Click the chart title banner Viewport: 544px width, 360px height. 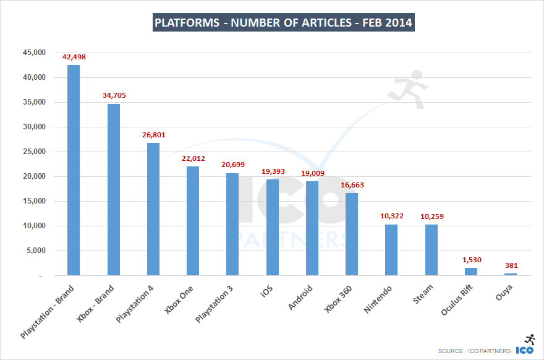[x=283, y=24]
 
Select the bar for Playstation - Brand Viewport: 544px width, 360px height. [x=74, y=170]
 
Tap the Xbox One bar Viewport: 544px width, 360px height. [x=193, y=221]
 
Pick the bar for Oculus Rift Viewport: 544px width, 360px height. [x=471, y=272]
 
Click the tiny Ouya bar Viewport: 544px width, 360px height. [x=511, y=274]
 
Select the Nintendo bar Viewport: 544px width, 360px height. [x=391, y=250]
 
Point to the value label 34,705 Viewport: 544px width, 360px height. [x=114, y=96]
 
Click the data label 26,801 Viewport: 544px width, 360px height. [x=153, y=135]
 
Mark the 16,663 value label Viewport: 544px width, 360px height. [x=352, y=185]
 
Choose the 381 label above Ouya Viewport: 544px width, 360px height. [x=511, y=265]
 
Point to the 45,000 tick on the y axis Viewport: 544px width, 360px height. [x=34, y=53]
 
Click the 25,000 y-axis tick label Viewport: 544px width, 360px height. [x=34, y=152]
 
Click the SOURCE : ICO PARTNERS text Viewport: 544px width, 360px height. [x=474, y=351]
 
